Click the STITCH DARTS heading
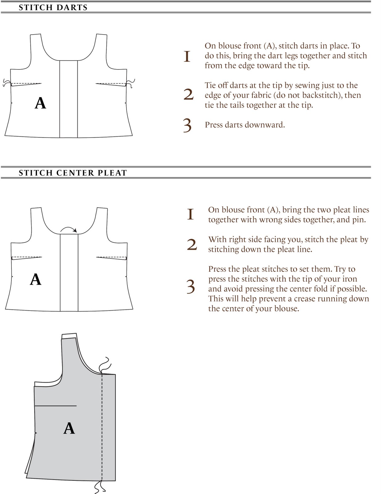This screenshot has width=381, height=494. tap(53, 7)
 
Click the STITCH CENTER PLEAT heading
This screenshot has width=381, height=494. tap(73, 173)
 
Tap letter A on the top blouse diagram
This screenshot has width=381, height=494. tap(40, 103)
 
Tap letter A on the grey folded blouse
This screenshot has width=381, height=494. tap(69, 429)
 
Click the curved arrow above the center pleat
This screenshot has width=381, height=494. tap(69, 229)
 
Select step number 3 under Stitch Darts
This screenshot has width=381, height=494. tap(187, 125)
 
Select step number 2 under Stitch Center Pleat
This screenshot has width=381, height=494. tap(192, 245)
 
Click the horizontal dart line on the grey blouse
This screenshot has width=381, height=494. tap(56, 405)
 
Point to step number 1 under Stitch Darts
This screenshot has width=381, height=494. tap(187, 56)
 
